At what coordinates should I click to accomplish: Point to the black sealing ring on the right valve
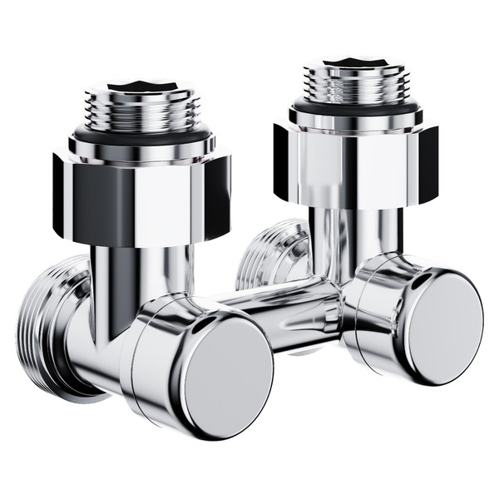(x=355, y=107)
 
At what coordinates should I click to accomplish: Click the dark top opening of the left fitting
(x=142, y=84)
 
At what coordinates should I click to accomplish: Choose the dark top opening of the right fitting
(x=355, y=61)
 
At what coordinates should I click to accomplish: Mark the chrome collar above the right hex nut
(x=355, y=121)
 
